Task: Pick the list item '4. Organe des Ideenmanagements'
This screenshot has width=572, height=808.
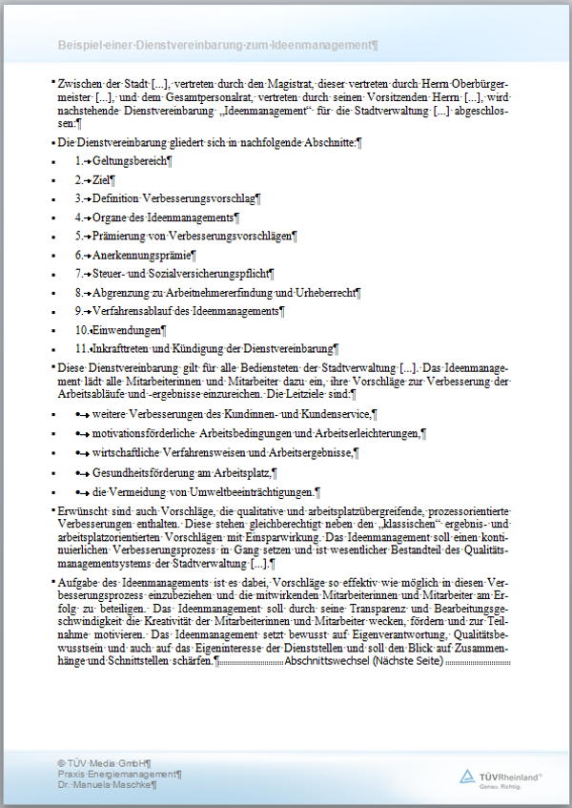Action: [157, 218]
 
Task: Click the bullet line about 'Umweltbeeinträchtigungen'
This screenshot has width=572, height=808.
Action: [205, 492]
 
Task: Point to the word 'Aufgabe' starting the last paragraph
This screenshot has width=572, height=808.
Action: [77, 581]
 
